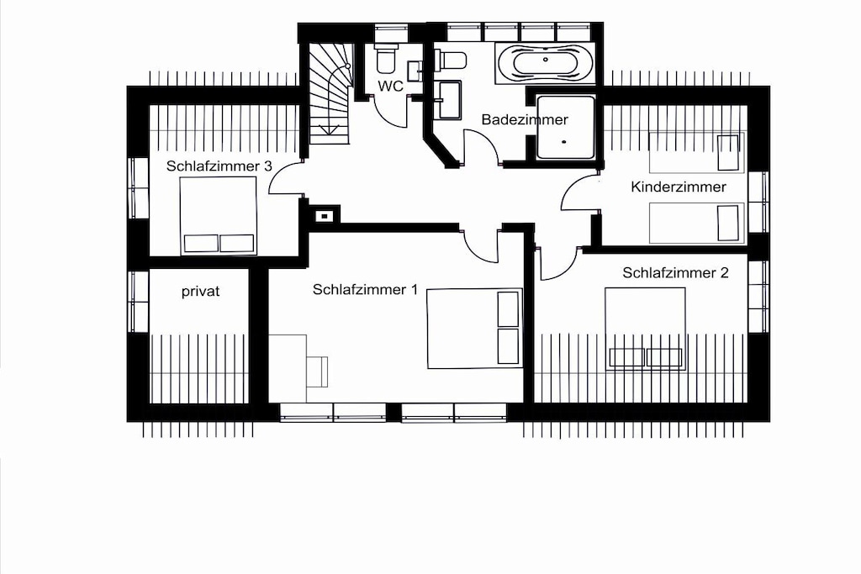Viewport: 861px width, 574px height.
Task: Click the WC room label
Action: [390, 87]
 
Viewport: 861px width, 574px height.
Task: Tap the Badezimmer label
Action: [525, 119]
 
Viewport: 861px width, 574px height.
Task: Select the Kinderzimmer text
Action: [679, 187]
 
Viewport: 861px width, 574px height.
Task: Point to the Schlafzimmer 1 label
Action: [365, 290]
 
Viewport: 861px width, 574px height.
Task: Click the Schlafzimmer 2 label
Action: [675, 273]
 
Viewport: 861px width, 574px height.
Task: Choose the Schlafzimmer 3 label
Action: [219, 166]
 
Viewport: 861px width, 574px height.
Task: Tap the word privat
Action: [200, 292]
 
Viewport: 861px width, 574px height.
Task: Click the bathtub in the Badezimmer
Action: [545, 61]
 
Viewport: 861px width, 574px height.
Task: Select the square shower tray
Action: [566, 127]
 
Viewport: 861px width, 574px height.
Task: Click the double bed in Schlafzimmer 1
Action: [474, 329]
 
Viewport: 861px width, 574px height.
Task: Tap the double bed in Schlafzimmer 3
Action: [219, 216]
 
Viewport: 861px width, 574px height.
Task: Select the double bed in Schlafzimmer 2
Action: [645, 328]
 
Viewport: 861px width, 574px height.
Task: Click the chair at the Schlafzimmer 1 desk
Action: [317, 371]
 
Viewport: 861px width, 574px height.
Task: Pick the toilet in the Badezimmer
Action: [451, 61]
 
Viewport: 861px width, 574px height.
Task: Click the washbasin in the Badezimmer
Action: [449, 100]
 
